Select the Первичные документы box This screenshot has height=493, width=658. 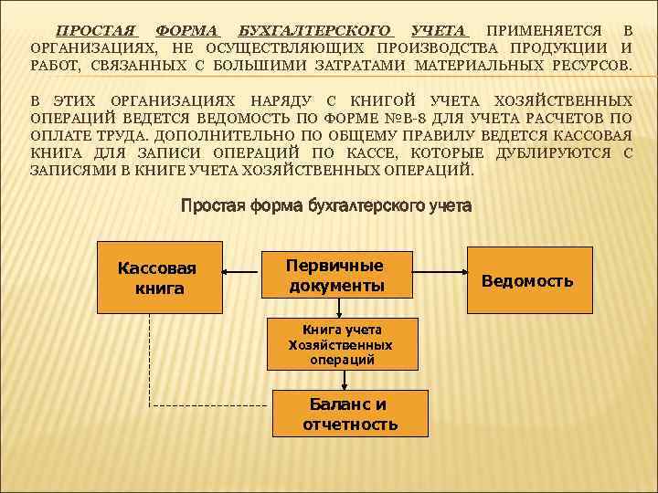pyautogui.click(x=335, y=276)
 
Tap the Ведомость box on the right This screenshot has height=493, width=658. pyautogui.click(x=527, y=280)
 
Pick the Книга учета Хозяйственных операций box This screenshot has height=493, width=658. pyautogui.click(x=340, y=344)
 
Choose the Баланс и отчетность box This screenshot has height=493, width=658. pyautogui.click(x=349, y=413)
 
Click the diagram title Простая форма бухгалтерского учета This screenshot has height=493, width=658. pyautogui.click(x=326, y=206)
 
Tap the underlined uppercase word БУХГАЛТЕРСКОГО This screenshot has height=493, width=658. pyautogui.click(x=314, y=31)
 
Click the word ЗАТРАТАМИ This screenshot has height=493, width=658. pyautogui.click(x=365, y=67)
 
